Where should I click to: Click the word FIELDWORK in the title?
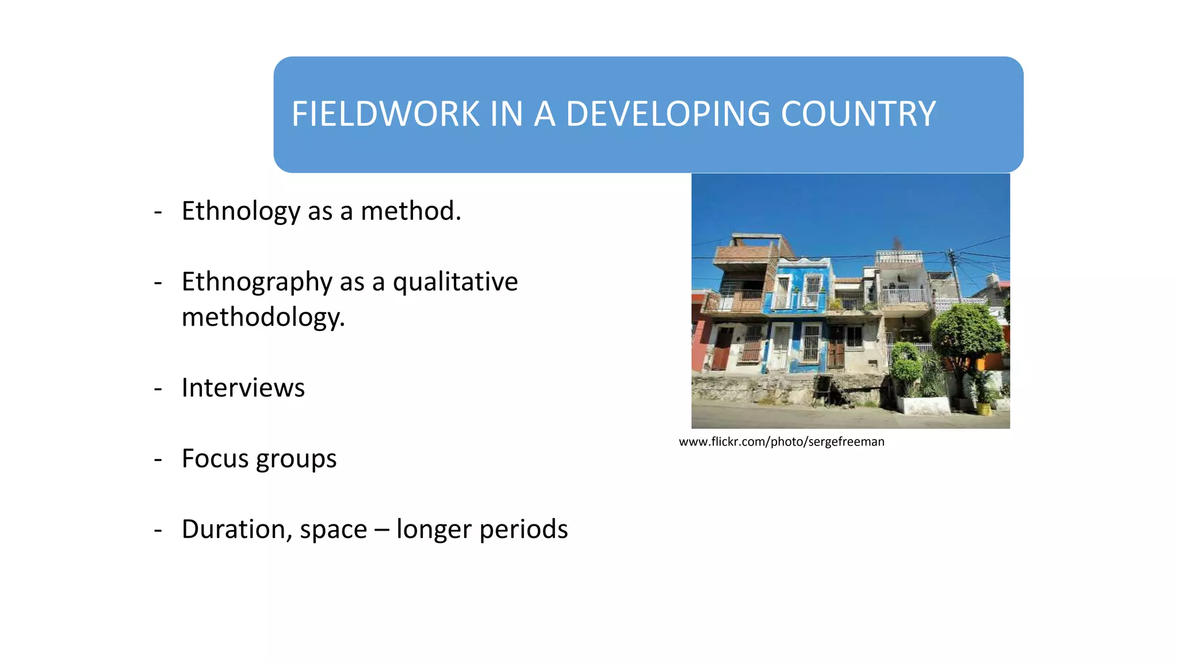[x=385, y=114]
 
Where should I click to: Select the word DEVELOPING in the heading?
[x=668, y=114]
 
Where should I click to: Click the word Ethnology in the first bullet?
[x=240, y=211]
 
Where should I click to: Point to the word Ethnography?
[x=257, y=282]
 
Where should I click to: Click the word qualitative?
[x=455, y=282]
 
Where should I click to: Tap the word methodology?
[x=263, y=317]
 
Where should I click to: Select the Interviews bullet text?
[x=243, y=388]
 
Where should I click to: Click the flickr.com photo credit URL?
[x=781, y=442]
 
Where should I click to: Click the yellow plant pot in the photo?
[x=984, y=408]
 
